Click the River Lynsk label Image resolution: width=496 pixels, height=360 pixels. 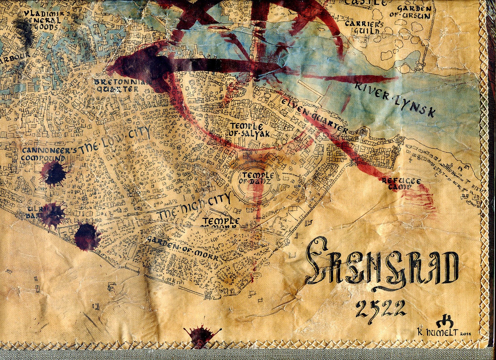click(394, 99)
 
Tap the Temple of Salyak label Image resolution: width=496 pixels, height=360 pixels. click(247, 129)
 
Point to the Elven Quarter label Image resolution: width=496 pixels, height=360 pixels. click(315, 114)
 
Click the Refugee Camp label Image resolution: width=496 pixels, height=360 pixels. click(401, 184)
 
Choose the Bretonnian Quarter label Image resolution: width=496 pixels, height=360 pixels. click(120, 85)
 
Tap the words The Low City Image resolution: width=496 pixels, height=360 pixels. click(114, 141)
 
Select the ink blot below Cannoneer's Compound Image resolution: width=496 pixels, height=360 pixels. click(54, 173)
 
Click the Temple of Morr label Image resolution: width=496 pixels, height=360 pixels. click(221, 223)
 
